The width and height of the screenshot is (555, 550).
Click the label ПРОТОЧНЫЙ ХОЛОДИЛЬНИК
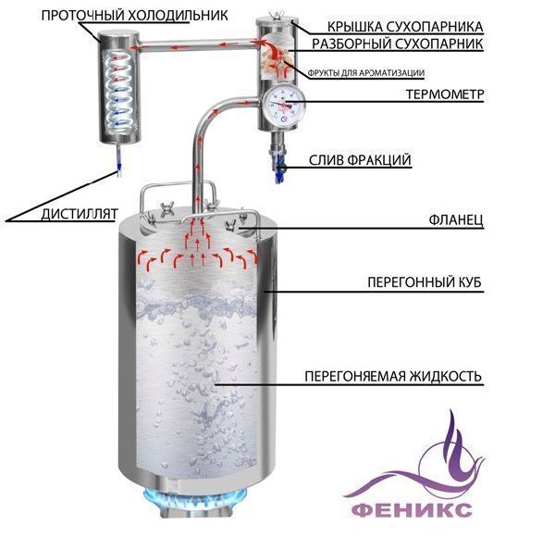[134, 16]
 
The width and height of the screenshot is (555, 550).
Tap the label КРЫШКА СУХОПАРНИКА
[405, 27]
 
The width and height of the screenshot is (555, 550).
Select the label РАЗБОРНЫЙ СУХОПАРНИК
[397, 44]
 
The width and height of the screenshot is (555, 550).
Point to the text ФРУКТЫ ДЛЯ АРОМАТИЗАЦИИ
[366, 73]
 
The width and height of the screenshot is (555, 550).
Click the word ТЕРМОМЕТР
[445, 94]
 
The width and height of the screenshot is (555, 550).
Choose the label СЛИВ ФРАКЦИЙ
[360, 160]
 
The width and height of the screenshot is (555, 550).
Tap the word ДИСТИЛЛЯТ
[80, 214]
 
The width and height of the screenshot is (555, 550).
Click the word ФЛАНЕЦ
[456, 220]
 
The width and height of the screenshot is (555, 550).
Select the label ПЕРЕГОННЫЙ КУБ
[425, 282]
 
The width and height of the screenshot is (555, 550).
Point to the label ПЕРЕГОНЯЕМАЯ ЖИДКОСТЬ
[393, 376]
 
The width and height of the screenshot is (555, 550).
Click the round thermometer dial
[283, 105]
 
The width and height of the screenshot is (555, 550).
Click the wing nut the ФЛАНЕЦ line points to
[232, 224]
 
